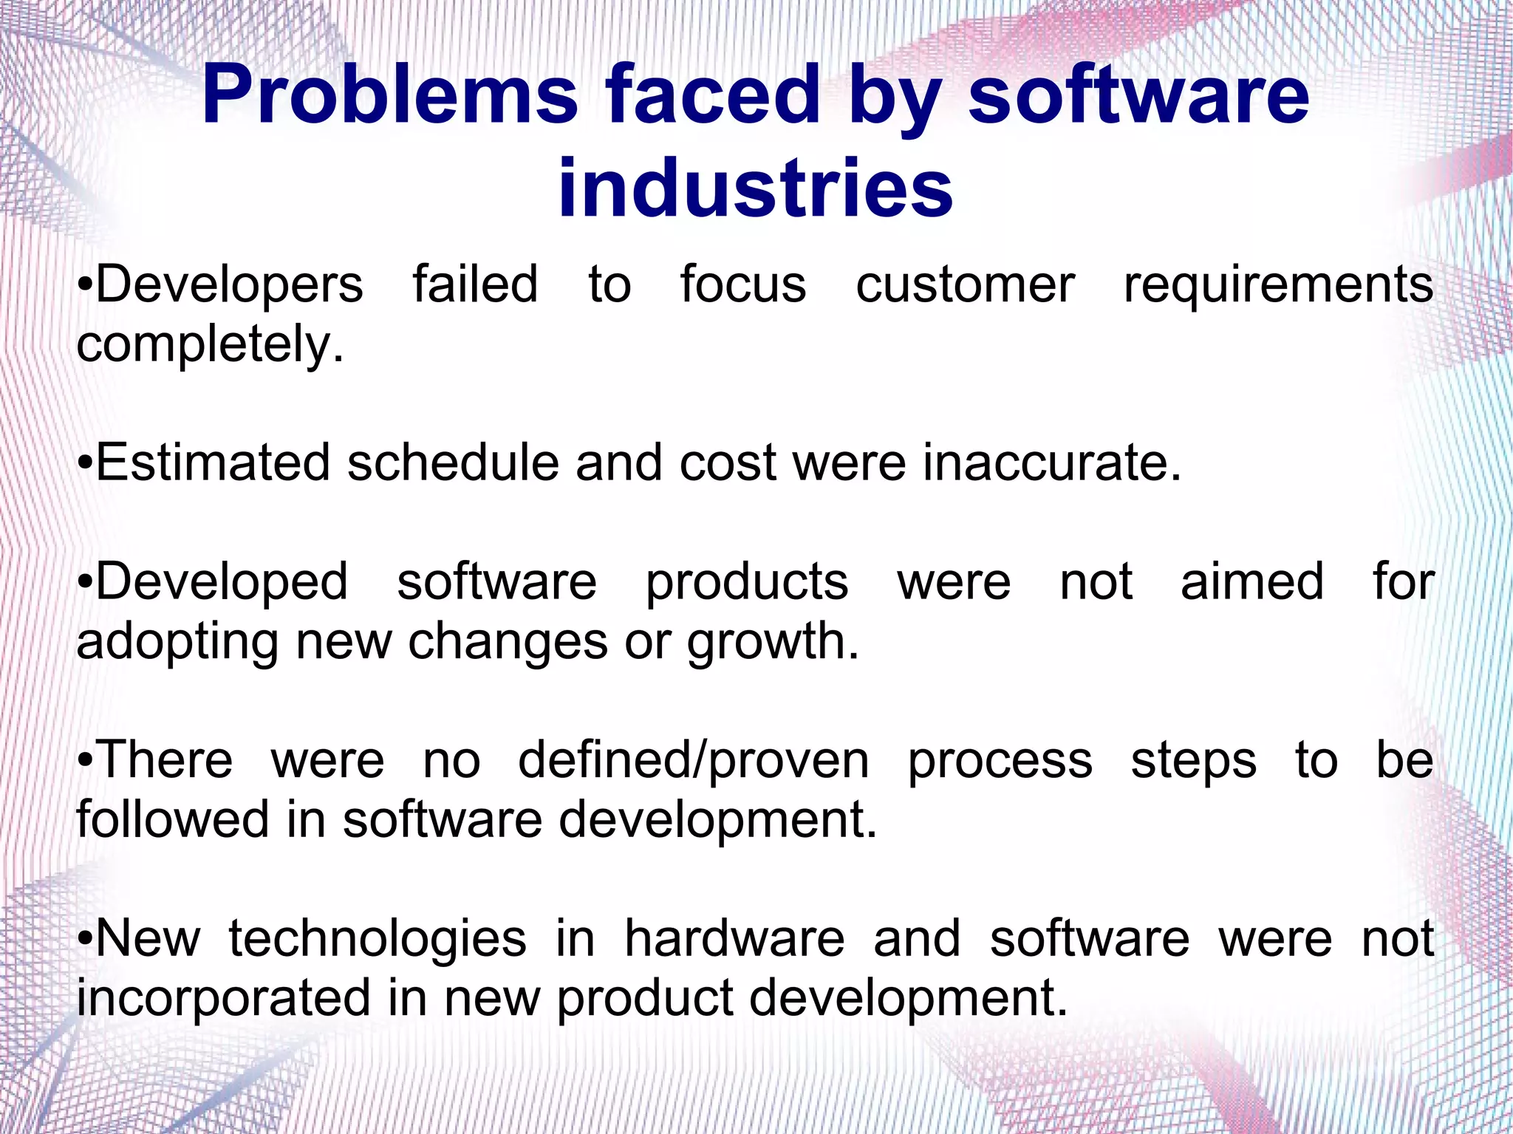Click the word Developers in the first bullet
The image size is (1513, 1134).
pyautogui.click(x=229, y=284)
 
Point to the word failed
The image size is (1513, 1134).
pyautogui.click(x=475, y=284)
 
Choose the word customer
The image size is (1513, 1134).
pyautogui.click(x=965, y=286)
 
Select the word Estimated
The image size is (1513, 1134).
pyautogui.click(x=213, y=463)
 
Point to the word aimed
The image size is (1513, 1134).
pyautogui.click(x=1251, y=582)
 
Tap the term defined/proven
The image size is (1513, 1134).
pyautogui.click(x=693, y=762)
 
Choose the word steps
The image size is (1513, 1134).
pyautogui.click(x=1193, y=762)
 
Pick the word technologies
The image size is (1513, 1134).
pyautogui.click(x=377, y=939)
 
